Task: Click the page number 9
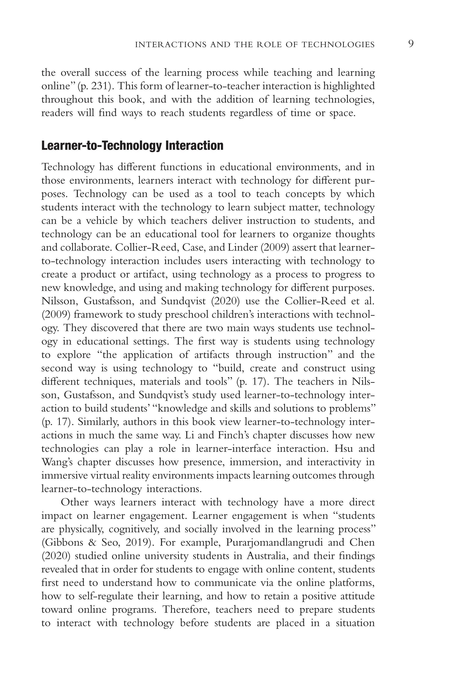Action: (411, 44)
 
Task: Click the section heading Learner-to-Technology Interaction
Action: (132, 145)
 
